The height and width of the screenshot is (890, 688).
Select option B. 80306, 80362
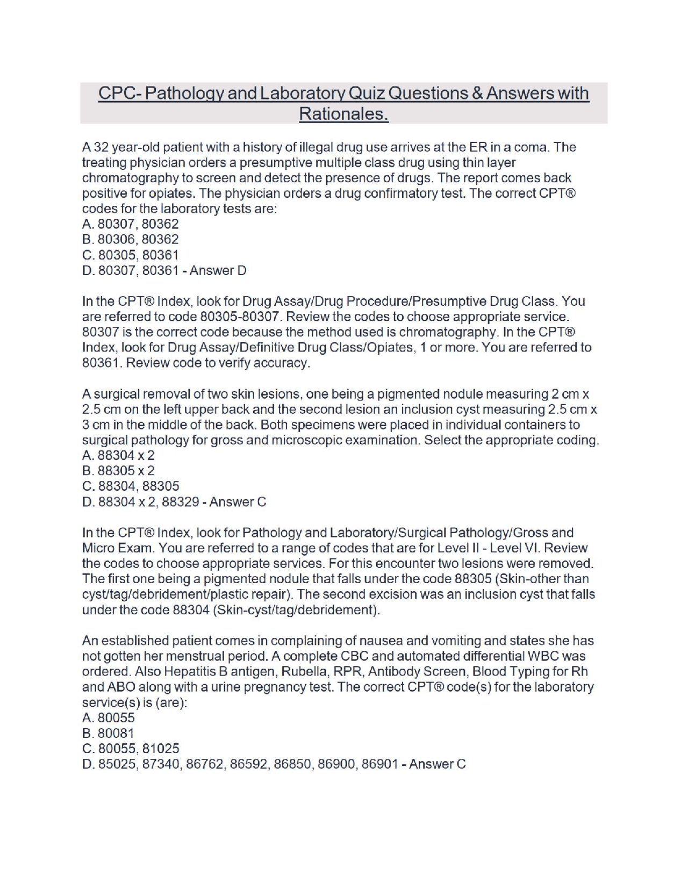click(x=131, y=239)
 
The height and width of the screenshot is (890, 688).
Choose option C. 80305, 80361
click(x=131, y=255)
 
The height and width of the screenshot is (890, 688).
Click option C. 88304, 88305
click(x=131, y=486)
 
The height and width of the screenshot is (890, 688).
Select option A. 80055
click(x=109, y=718)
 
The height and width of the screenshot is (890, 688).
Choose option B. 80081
click(x=109, y=734)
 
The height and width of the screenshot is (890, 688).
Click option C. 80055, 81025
click(x=131, y=749)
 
